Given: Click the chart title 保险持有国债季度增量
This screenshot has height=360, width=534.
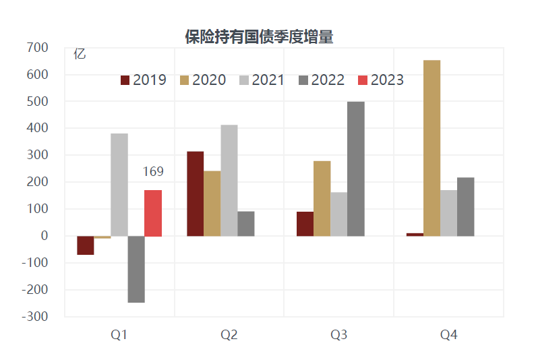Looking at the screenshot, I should click(x=259, y=37).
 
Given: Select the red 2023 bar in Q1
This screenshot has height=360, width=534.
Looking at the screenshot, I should click(x=153, y=213).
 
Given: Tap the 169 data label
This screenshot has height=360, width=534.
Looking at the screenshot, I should click(x=153, y=172).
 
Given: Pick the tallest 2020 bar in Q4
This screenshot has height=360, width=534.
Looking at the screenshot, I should click(x=432, y=148).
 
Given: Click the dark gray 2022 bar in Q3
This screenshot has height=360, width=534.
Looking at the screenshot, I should click(x=356, y=169).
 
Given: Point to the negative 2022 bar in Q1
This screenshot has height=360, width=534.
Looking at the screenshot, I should click(x=136, y=269).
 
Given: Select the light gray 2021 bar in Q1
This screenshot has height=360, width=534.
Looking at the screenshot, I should click(x=119, y=185).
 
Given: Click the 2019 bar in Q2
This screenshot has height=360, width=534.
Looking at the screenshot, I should click(x=196, y=193).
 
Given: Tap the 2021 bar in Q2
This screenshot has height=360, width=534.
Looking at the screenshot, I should click(x=229, y=180).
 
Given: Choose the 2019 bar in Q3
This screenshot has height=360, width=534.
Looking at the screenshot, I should click(x=305, y=224).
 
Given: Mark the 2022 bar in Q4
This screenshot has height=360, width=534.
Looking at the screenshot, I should click(x=466, y=206).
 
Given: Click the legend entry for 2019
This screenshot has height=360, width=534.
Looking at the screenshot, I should click(x=144, y=80).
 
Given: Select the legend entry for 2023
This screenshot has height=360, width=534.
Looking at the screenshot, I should click(x=381, y=80).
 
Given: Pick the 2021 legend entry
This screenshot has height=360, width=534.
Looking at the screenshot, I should click(x=262, y=80).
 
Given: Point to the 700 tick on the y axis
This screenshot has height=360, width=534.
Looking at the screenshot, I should click(x=38, y=47).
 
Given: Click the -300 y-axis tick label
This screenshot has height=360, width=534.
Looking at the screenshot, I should click(x=35, y=316).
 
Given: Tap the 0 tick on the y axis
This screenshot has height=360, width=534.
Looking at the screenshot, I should click(x=44, y=236).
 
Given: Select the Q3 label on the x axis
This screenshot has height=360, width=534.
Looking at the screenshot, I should click(x=339, y=334).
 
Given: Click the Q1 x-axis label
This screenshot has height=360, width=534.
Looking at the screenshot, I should click(x=119, y=334).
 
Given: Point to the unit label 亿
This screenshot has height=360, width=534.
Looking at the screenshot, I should click(x=80, y=55).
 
